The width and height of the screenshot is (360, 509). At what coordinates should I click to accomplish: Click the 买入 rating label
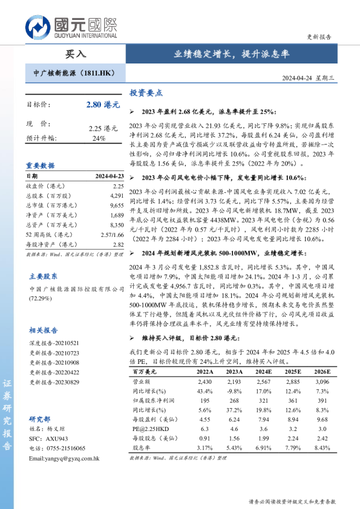tap(76, 54)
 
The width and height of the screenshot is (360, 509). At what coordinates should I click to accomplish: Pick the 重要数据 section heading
tap(41, 165)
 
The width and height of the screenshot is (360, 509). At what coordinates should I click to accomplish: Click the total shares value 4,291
tap(117, 196)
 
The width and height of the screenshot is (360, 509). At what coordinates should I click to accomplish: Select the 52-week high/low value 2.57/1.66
tap(112, 234)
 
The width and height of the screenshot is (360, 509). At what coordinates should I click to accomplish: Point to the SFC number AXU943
tap(54, 438)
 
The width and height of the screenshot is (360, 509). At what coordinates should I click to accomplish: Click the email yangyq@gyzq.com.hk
tap(64, 458)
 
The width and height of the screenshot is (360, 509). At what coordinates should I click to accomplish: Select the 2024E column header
tap(263, 371)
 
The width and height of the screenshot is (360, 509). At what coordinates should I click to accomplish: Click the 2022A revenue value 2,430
tap(205, 382)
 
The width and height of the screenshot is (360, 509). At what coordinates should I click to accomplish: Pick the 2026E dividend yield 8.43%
tap(322, 448)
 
